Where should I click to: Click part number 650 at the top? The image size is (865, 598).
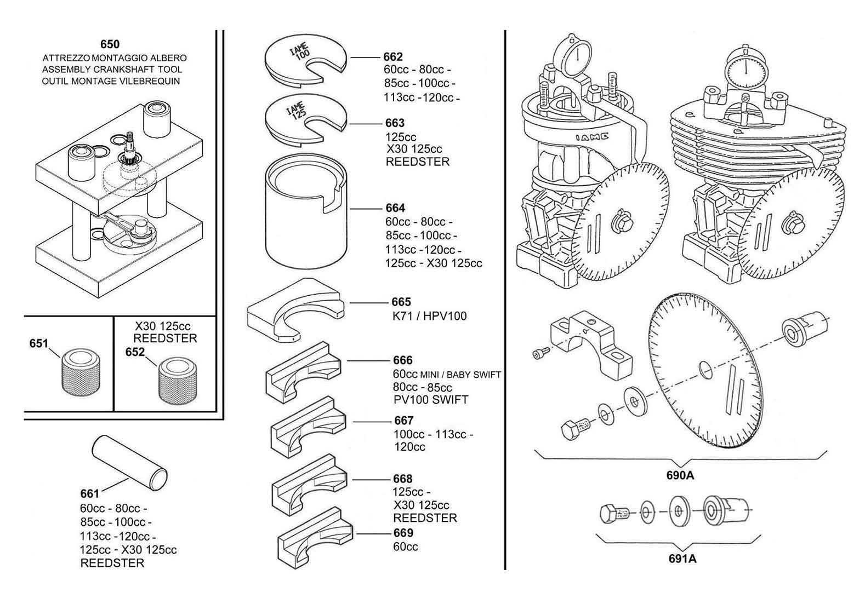click(x=110, y=44)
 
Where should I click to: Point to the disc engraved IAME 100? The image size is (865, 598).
click(x=305, y=60)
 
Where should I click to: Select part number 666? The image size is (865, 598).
click(x=402, y=360)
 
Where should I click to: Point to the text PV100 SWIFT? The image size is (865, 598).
click(x=430, y=400)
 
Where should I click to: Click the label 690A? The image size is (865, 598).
click(x=680, y=475)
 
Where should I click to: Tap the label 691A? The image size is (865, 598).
click(x=682, y=559)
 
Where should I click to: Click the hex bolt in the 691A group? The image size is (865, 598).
click(x=613, y=514)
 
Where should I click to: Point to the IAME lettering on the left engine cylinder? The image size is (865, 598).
click(x=591, y=138)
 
